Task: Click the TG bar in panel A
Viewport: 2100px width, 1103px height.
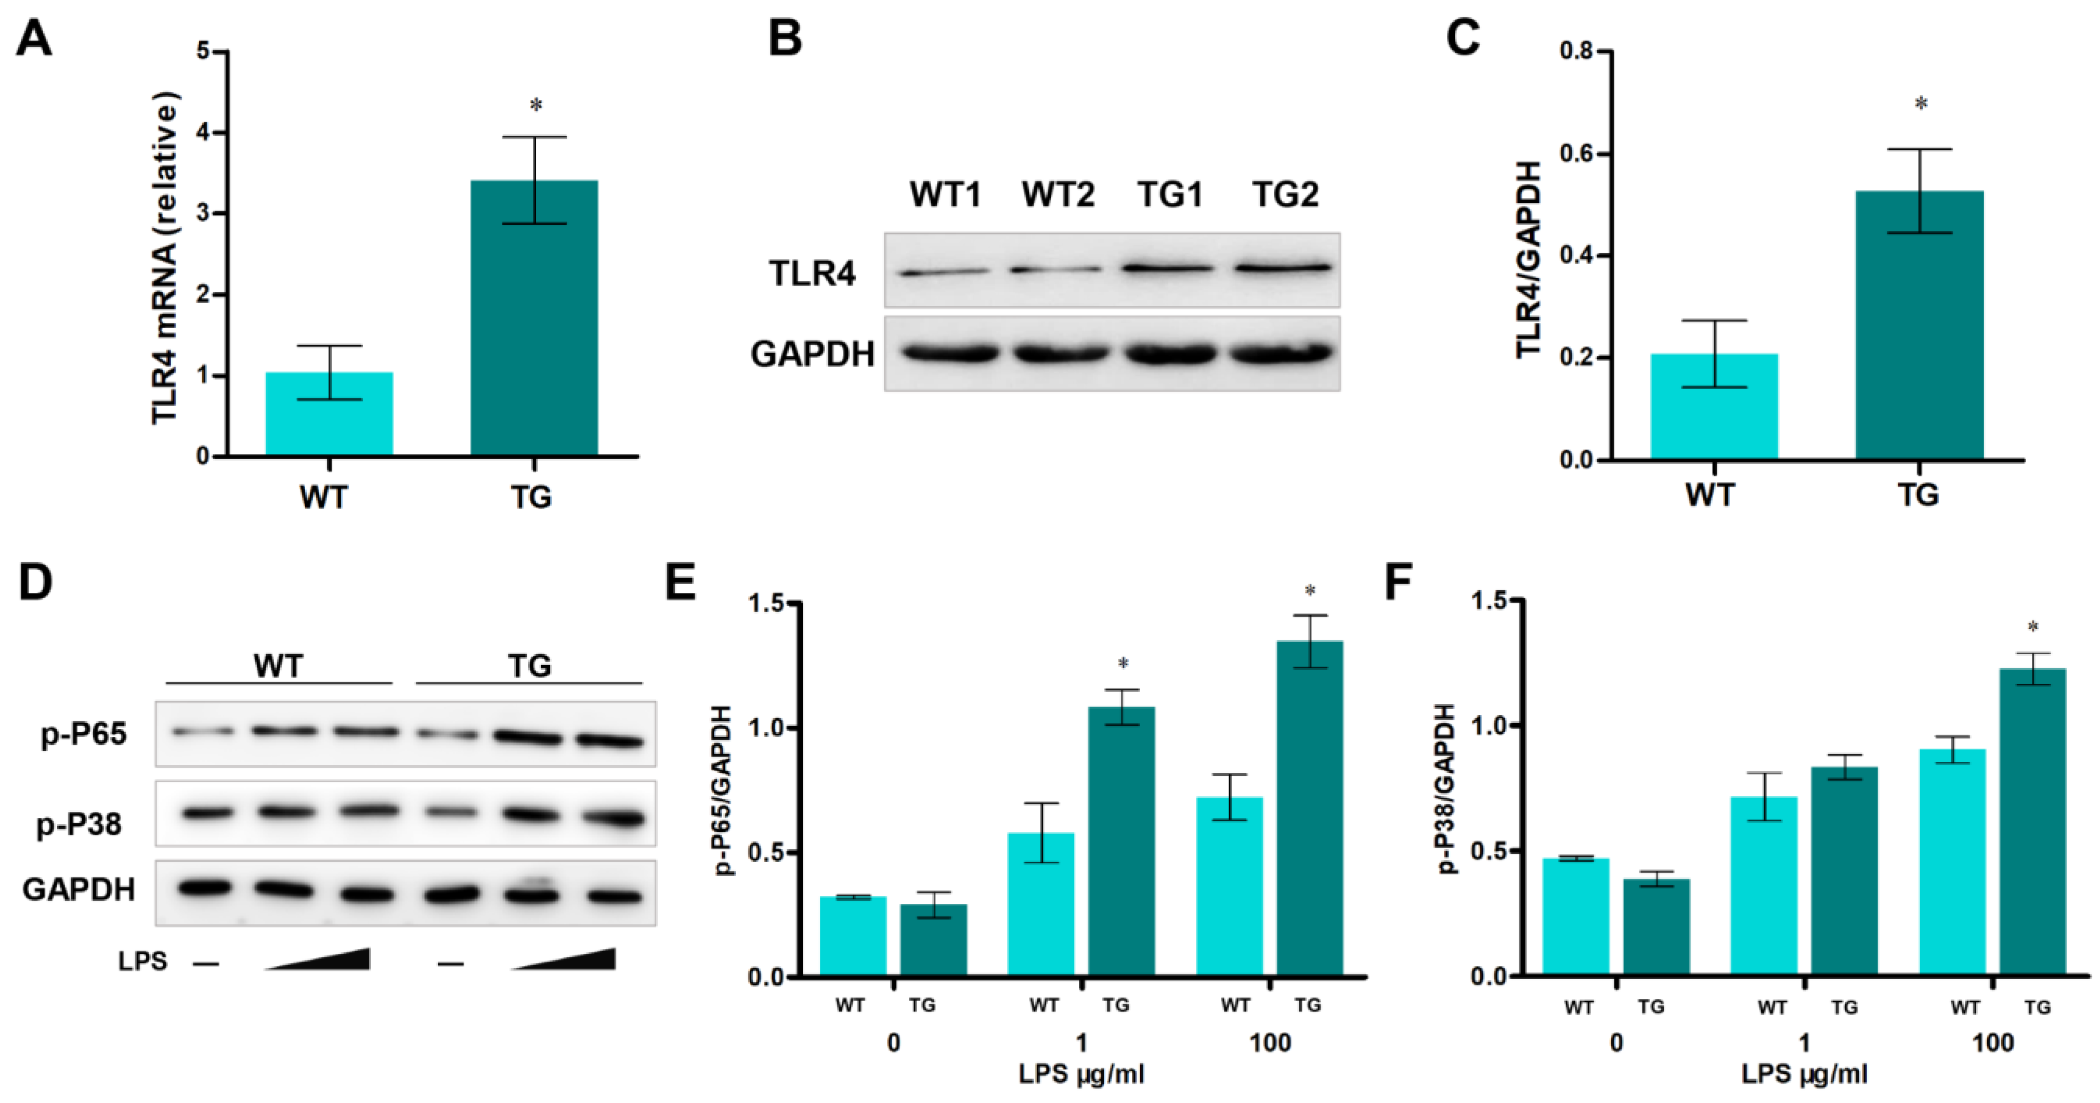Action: (x=534, y=318)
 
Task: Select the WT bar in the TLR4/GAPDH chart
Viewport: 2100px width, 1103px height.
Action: (x=1714, y=408)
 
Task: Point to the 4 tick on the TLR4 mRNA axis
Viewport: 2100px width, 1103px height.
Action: (x=202, y=133)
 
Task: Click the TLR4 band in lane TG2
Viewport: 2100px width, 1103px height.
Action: (x=1284, y=267)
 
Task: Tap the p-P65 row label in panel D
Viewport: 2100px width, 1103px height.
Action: (x=84, y=734)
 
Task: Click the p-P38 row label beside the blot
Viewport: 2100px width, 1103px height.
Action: (x=79, y=824)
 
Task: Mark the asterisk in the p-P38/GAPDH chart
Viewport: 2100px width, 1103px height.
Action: (x=2033, y=628)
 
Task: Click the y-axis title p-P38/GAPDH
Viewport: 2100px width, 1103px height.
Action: (x=1446, y=788)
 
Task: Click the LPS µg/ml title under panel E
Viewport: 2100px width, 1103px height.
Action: (x=1081, y=1074)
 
